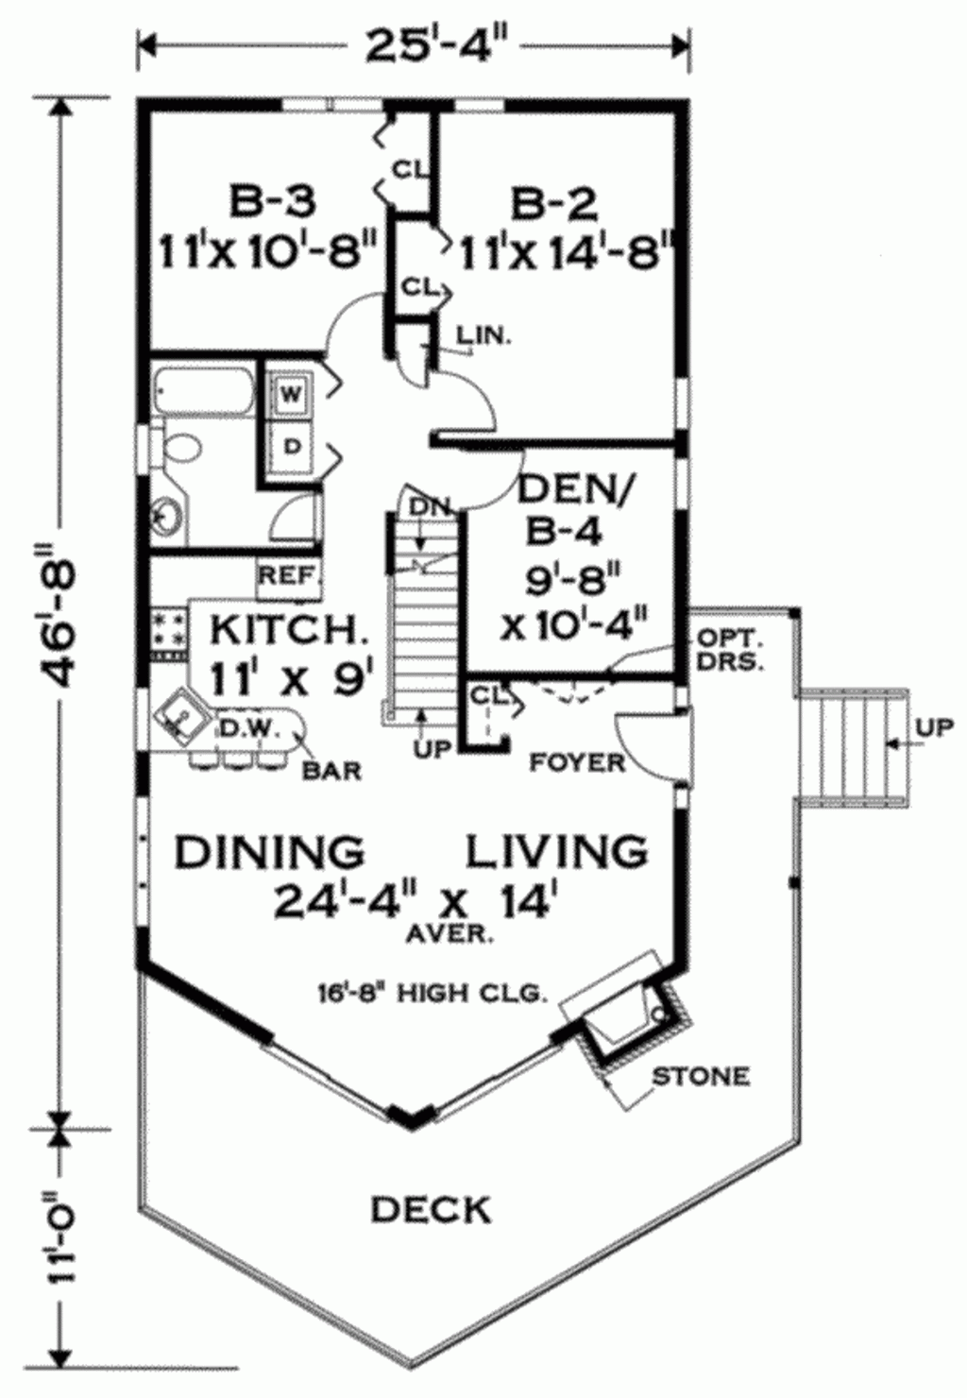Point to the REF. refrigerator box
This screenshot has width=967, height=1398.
(x=289, y=576)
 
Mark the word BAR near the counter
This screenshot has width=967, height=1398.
(x=331, y=771)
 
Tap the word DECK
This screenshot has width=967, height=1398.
(x=431, y=1209)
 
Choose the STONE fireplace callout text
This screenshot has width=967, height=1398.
(x=702, y=1076)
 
